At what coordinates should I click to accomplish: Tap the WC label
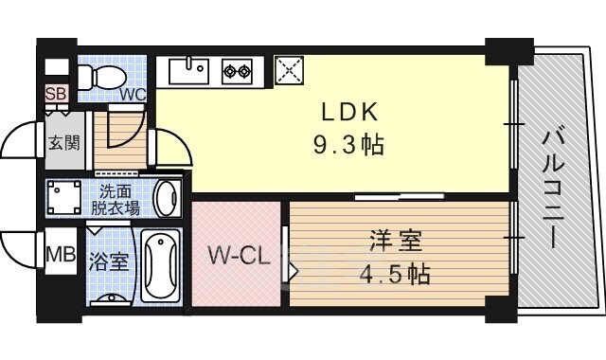[131, 94]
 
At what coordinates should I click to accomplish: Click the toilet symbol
[103, 77]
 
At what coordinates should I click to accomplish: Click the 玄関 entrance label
[64, 144]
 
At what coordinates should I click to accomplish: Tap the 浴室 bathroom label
[109, 261]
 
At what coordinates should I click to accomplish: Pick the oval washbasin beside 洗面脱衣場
[167, 199]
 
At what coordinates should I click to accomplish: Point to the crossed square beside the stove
[287, 69]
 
